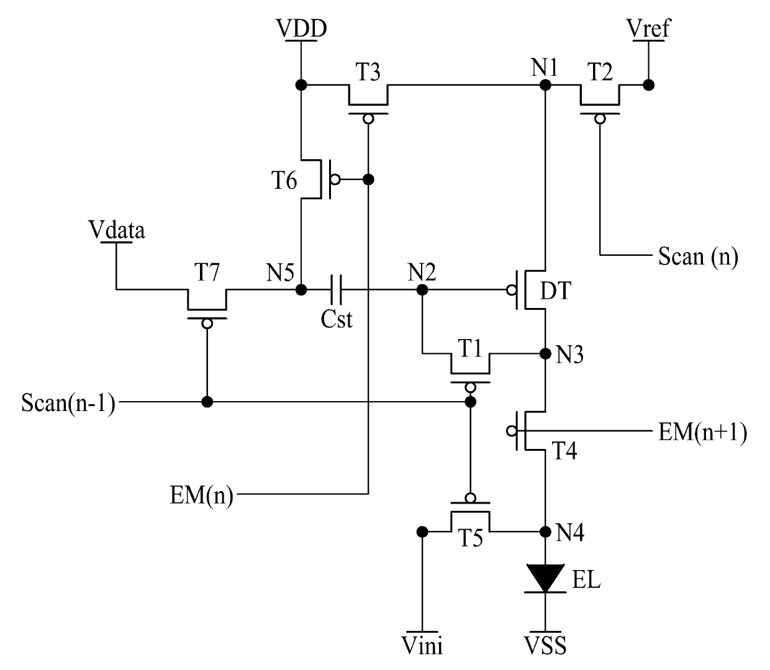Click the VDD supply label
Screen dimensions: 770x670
pyautogui.click(x=301, y=28)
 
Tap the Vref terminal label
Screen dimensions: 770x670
pyautogui.click(x=648, y=28)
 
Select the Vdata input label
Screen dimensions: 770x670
pyautogui.click(x=116, y=230)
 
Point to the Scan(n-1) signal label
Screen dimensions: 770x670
pyautogui.click(x=68, y=402)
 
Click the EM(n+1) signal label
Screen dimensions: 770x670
pyautogui.click(x=703, y=432)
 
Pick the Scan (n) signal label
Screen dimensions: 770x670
pyautogui.click(x=698, y=256)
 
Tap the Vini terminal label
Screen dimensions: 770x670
pyautogui.click(x=422, y=646)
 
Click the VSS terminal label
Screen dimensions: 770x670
pyautogui.click(x=545, y=646)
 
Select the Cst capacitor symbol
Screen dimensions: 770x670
pyautogui.click(x=336, y=289)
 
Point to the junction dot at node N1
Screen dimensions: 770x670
pyautogui.click(x=545, y=85)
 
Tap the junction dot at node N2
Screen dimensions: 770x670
pyautogui.click(x=422, y=289)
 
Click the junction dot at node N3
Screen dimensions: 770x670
pyautogui.click(x=545, y=353)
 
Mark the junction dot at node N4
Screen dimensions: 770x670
pyautogui.click(x=545, y=532)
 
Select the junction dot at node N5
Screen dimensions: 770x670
pyautogui.click(x=301, y=289)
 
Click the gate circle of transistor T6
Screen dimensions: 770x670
pyautogui.click(x=335, y=179)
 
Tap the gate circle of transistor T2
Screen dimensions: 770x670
pyautogui.click(x=600, y=119)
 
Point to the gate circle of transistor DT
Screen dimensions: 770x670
pyautogui.click(x=512, y=289)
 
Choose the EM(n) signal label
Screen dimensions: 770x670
pyautogui.click(x=202, y=495)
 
